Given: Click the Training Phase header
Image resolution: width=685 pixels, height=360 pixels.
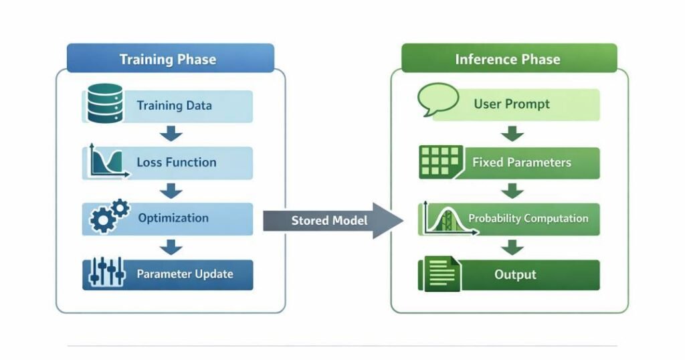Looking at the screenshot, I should tap(168, 59).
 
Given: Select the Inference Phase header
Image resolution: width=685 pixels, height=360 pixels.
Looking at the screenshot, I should tap(507, 59).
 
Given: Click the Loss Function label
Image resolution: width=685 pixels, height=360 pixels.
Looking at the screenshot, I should tap(176, 162).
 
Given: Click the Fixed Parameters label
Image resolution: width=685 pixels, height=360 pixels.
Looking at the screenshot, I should tap(522, 162).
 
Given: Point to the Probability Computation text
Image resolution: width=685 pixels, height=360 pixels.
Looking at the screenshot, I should tap(528, 219).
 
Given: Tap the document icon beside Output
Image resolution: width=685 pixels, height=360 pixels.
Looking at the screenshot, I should tap(439, 274).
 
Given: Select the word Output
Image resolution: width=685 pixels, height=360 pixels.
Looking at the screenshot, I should tap(515, 274).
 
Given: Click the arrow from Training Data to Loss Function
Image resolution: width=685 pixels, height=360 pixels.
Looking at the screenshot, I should tap(172, 134).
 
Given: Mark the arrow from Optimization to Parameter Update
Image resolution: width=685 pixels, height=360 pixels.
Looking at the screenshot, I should tap(172, 247).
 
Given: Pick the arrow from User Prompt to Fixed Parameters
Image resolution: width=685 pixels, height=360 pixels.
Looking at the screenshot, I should tap(513, 134).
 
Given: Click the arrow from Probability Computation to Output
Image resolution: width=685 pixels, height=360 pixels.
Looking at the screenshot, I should tap(513, 247).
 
